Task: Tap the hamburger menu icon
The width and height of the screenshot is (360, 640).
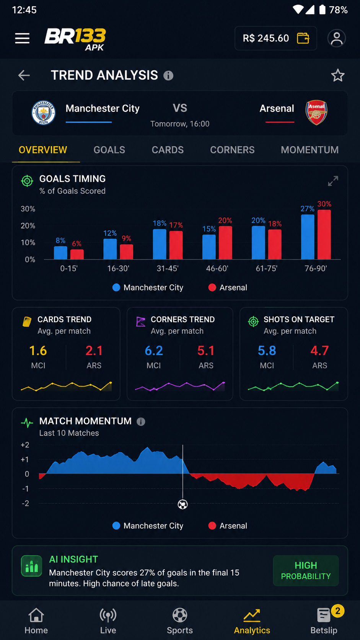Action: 22,38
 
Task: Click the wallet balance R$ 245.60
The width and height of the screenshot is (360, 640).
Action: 266,38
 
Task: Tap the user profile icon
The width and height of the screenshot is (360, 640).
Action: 337,38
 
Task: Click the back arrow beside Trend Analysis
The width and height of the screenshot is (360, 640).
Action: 24,75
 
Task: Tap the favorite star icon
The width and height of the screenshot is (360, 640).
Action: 338,75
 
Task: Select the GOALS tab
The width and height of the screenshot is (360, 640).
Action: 109,150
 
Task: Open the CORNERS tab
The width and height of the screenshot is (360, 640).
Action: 232,150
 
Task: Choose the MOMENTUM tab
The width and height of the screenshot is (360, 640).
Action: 310,150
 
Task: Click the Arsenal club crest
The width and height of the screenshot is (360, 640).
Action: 316,112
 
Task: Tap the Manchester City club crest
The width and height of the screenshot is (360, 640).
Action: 43,113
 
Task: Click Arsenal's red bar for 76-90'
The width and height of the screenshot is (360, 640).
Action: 324,235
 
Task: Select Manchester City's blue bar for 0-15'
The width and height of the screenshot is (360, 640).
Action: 60,253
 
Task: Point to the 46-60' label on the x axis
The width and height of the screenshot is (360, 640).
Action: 217,269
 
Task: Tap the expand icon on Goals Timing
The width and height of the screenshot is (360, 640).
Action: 333,181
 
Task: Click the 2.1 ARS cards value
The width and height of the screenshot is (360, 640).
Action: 94,351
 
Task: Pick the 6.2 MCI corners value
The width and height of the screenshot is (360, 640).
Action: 153,351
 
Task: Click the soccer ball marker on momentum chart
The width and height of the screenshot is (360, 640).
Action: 183,504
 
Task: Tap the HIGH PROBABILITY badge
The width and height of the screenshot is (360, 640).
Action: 306,571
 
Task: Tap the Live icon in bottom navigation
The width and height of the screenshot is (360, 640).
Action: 108,615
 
